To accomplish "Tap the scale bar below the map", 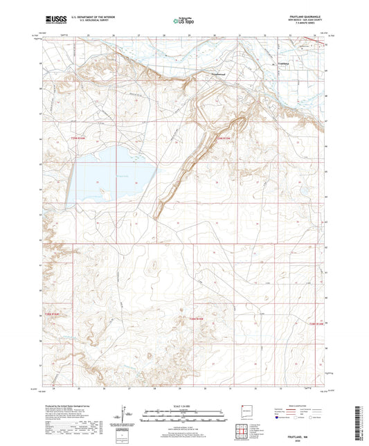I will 184,418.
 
